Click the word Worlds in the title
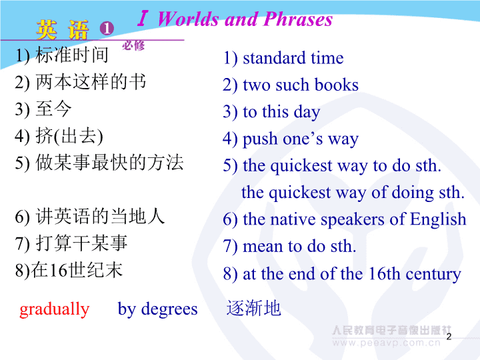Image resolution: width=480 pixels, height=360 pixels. [x=189, y=19]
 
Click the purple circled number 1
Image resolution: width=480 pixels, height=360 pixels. [x=107, y=29]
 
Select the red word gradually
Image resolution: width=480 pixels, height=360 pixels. [x=54, y=309]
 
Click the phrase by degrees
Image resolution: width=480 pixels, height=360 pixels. [x=157, y=309]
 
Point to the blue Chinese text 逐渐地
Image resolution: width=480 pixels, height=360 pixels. [x=253, y=308]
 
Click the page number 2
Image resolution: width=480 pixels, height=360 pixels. [x=449, y=337]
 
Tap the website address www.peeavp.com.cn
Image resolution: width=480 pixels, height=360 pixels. [x=386, y=343]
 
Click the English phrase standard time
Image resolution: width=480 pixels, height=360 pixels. [x=293, y=58]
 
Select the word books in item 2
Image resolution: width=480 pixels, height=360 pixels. [x=337, y=85]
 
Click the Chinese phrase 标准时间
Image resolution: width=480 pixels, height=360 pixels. [x=71, y=55]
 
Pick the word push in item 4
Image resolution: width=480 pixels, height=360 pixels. [x=260, y=139]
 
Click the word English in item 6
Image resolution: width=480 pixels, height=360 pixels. [x=438, y=220]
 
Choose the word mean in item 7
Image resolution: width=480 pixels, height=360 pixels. [x=263, y=247]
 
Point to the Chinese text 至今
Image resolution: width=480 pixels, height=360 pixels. [x=53, y=109]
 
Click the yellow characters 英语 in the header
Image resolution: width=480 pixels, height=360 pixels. [x=63, y=30]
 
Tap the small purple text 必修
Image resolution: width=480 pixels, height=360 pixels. [x=133, y=45]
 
